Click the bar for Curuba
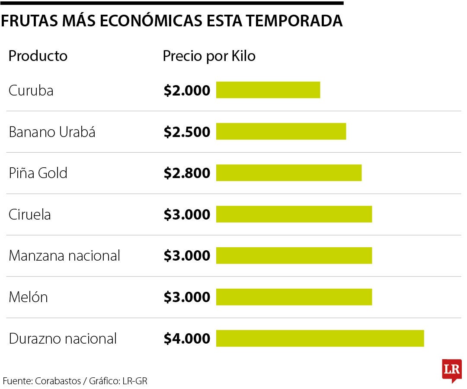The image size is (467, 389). [x=268, y=90]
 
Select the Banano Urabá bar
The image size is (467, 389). [x=281, y=131]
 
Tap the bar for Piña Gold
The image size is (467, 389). [x=289, y=173]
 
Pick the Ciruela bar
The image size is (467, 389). [x=294, y=214]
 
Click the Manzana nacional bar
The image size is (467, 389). [x=294, y=255]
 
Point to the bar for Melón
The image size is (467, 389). [x=294, y=297]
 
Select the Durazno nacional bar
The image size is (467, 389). [x=320, y=338]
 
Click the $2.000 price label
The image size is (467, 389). [x=187, y=90]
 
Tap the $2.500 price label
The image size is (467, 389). [x=187, y=132]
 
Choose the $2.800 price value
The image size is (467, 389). [x=187, y=173]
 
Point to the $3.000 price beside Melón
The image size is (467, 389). [x=187, y=297]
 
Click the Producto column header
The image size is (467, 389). [x=38, y=56]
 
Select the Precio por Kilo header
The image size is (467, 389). [x=209, y=56]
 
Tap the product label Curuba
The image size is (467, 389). [x=31, y=91]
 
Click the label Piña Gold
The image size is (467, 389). [x=38, y=173]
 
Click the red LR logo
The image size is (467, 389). [x=451, y=370]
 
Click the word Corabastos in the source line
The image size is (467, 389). [x=58, y=381]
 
